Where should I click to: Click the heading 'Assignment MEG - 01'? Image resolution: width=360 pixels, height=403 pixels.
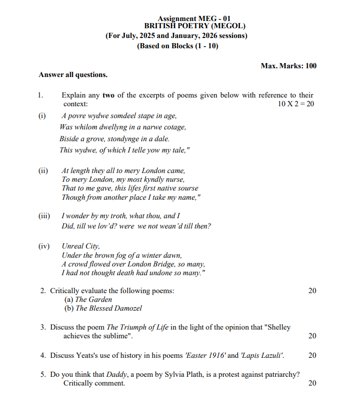pyautogui.click(x=191, y=18)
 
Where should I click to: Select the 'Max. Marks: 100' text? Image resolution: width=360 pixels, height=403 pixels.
pyautogui.click(x=288, y=66)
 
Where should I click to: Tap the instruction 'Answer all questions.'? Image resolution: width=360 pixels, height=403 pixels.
pyautogui.click(x=73, y=75)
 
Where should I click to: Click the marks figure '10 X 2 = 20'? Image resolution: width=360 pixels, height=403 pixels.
pyautogui.click(x=295, y=104)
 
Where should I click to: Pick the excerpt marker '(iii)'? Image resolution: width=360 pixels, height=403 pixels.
pyautogui.click(x=44, y=216)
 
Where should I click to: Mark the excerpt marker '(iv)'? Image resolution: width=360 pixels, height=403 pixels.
pyautogui.click(x=44, y=246)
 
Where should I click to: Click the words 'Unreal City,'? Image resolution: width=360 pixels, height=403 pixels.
pyautogui.click(x=81, y=246)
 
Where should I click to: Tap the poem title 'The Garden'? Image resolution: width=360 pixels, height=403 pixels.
pyautogui.click(x=93, y=299)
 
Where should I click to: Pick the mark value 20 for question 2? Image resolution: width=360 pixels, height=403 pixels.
pyautogui.click(x=312, y=291)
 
